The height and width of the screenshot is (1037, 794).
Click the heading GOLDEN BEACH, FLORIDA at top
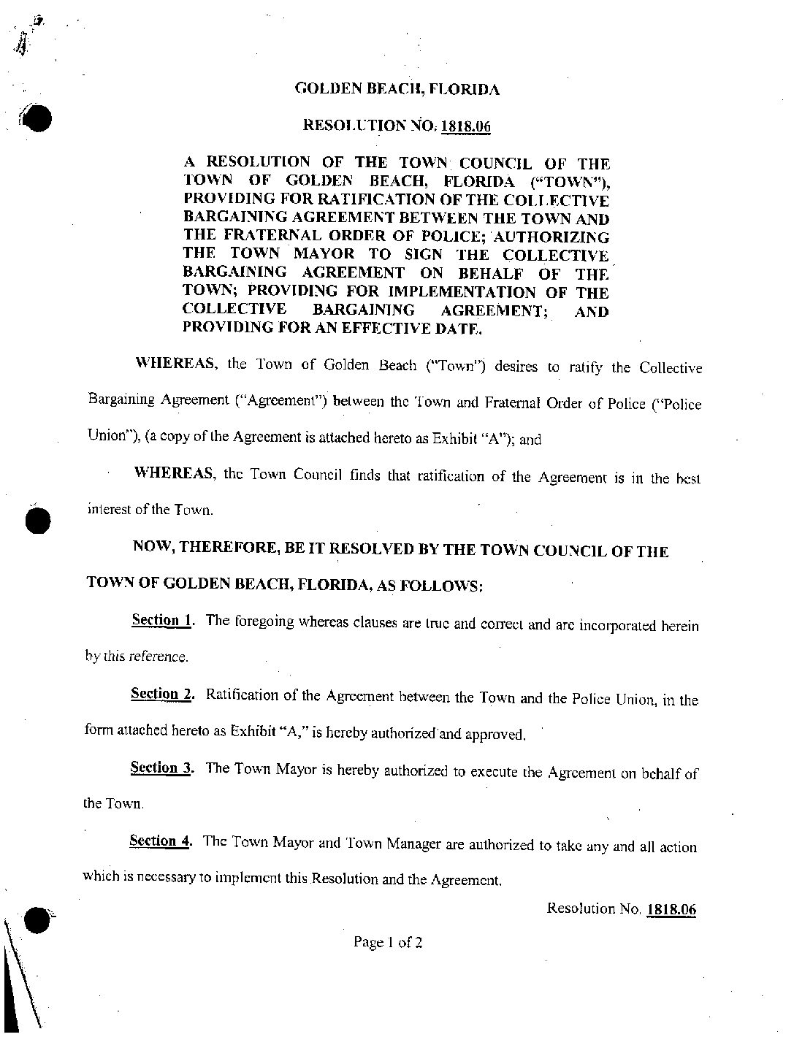397,89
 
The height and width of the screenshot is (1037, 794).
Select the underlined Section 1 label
162,621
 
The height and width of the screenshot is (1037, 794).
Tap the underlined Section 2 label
161,694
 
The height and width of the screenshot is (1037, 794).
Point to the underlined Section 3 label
161,768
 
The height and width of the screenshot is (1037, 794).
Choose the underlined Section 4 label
161,841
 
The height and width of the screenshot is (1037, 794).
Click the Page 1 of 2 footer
388,942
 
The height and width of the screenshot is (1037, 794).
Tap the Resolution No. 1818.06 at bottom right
621,909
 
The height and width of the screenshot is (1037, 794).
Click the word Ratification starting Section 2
242,695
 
